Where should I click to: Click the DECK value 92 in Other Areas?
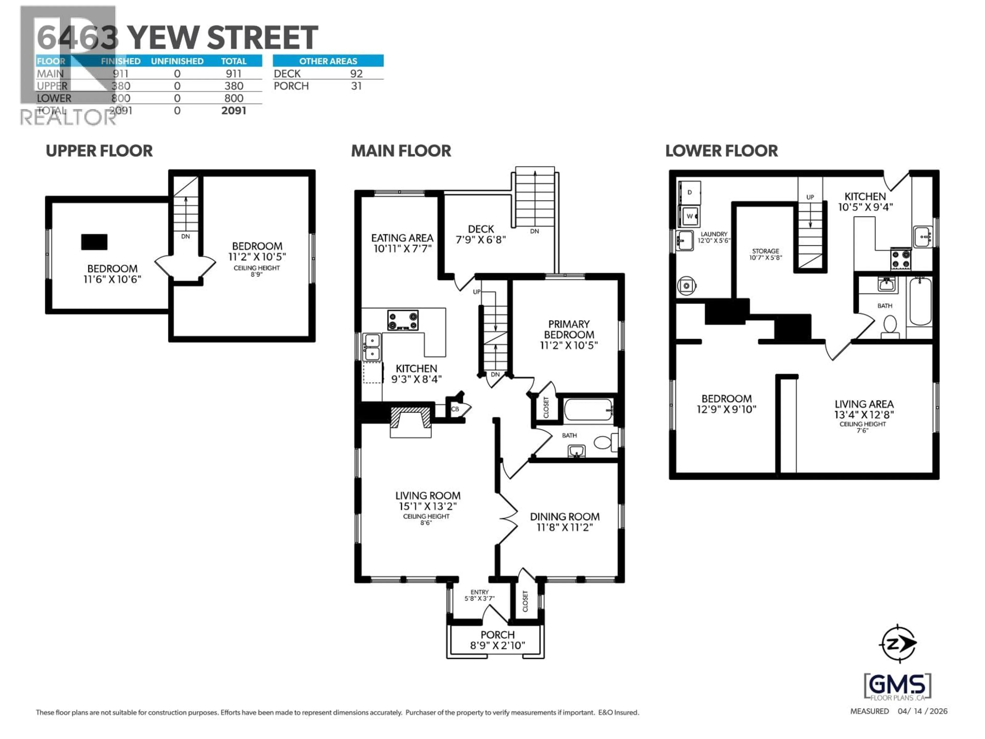[x=356, y=73]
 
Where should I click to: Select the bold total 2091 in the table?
[x=233, y=111]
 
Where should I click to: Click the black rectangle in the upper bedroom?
[x=94, y=242]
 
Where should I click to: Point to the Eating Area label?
[x=402, y=243]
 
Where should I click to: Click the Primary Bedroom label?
[x=569, y=335]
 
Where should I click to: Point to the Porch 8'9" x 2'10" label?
[x=497, y=640]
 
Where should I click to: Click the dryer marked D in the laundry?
[x=689, y=192]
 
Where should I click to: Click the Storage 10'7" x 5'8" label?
[x=765, y=254]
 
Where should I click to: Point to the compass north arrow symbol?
[x=898, y=644]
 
